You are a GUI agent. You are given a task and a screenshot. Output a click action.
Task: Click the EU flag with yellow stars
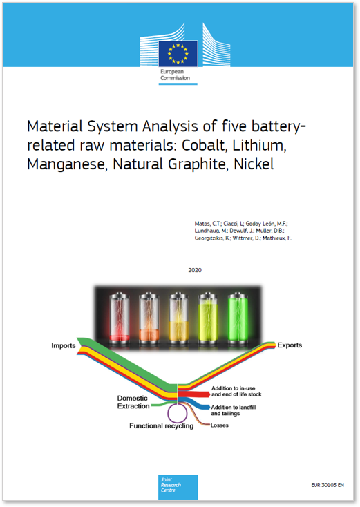[178, 53]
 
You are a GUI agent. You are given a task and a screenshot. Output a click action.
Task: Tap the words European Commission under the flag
[175, 75]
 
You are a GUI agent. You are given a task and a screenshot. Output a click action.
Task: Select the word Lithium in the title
[259, 146]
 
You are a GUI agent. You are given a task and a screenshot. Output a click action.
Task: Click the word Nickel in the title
[254, 164]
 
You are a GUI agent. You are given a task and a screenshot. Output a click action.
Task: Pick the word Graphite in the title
[198, 164]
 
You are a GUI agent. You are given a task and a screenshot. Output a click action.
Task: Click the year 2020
[195, 270]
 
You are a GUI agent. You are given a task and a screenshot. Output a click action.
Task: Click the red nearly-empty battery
[120, 319]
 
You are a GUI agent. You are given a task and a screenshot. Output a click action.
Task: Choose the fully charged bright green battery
[238, 319]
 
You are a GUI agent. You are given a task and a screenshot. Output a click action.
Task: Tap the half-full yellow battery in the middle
[178, 319]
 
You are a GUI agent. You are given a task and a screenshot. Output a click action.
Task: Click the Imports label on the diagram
[64, 345]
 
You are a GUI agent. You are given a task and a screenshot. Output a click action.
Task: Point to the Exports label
[290, 345]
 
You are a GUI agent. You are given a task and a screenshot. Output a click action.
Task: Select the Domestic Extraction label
[133, 402]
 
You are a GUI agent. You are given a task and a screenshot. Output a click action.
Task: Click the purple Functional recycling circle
[177, 403]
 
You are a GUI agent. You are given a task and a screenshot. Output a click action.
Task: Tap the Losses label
[219, 425]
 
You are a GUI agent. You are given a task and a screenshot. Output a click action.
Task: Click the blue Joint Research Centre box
[178, 487]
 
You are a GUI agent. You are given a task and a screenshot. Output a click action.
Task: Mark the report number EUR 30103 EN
[328, 485]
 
